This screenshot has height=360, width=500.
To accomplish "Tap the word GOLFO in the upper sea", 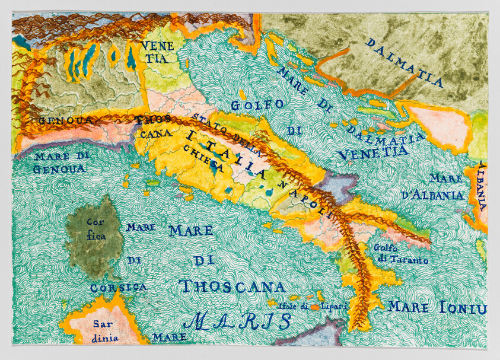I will click(258, 106).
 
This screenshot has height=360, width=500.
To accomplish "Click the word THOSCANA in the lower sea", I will click(232, 287).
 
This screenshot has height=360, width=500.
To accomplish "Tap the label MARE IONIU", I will click(437, 308).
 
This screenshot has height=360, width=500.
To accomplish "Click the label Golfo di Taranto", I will click(401, 254).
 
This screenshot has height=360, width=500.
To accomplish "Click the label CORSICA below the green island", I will click(118, 287).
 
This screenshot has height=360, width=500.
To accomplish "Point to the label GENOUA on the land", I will click(66, 120).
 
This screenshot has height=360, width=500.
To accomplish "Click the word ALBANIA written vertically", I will click(482, 187).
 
